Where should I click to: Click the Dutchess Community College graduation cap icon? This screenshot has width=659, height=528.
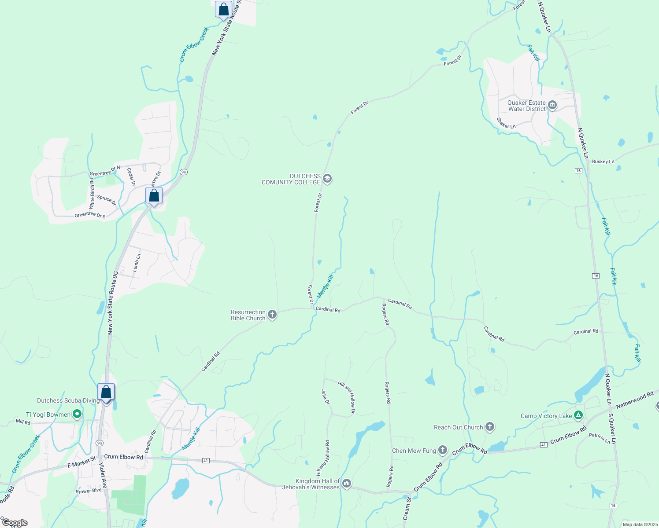[327, 179]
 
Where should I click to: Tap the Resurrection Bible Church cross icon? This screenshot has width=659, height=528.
[272, 315]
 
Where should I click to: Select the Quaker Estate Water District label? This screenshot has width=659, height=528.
[526, 106]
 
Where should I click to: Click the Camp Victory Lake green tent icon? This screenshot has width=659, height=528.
[578, 415]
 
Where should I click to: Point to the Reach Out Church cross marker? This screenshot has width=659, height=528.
[489, 427]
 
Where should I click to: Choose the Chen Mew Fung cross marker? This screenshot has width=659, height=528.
[443, 450]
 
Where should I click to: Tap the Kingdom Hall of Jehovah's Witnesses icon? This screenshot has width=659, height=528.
[347, 484]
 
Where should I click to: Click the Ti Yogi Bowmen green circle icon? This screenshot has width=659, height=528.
[77, 414]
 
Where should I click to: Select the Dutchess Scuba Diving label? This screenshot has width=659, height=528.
[68, 400]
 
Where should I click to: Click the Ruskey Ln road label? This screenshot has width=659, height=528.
[603, 161]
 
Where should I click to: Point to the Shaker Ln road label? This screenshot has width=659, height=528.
[506, 123]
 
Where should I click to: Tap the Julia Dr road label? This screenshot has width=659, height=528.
[326, 397]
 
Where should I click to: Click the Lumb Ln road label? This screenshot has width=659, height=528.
[137, 262]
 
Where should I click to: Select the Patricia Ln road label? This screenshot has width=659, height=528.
[600, 438]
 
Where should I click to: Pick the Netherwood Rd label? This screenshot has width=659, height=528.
[635, 400]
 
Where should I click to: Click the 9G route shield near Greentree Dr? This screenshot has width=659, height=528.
[184, 172]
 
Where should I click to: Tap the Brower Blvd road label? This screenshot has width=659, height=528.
[89, 491]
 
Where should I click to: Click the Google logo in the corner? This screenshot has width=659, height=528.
[15, 523]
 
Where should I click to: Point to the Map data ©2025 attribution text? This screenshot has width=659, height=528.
[639, 524]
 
